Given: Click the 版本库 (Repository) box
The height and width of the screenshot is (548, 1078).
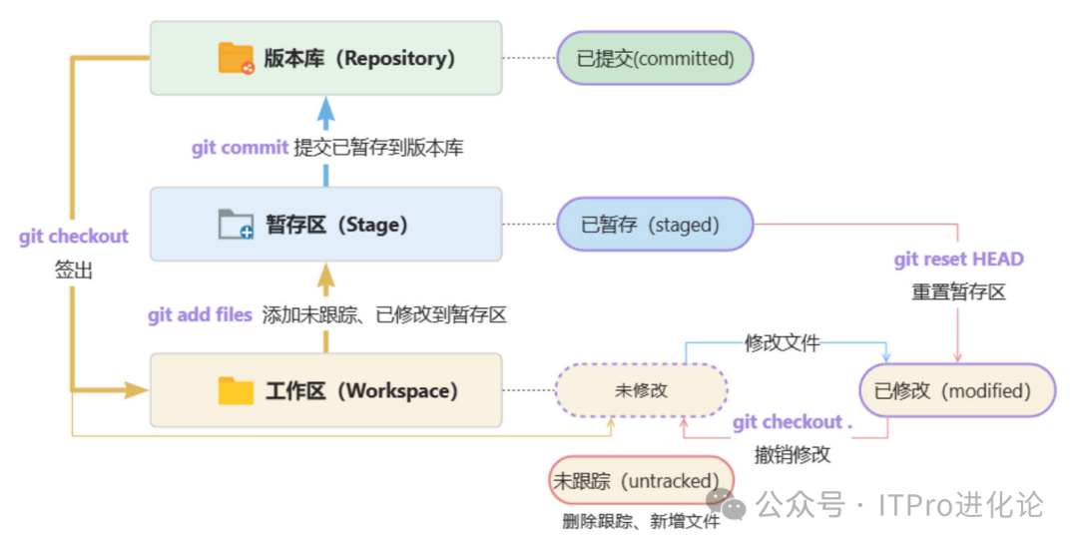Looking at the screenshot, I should pyautogui.click(x=325, y=58).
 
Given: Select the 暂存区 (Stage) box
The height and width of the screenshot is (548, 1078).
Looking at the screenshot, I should pyautogui.click(x=325, y=225).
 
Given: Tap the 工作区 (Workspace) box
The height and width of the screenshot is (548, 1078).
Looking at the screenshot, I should pyautogui.click(x=325, y=390).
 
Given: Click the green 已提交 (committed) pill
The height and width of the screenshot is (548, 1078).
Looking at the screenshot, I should pyautogui.click(x=655, y=58).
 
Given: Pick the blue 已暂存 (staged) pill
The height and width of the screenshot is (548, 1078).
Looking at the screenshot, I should pyautogui.click(x=653, y=225).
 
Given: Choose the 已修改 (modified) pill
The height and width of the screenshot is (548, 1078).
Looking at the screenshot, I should pyautogui.click(x=957, y=390).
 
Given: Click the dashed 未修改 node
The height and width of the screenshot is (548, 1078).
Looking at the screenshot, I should pyautogui.click(x=641, y=390).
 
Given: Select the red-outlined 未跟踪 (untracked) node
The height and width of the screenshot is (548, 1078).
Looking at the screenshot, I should pyautogui.click(x=641, y=481).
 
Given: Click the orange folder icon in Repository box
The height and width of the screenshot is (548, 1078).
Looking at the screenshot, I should pyautogui.click(x=237, y=58).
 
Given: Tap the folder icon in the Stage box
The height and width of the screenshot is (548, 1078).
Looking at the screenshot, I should pyautogui.click(x=237, y=225).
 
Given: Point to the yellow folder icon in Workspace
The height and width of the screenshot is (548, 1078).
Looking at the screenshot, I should pyautogui.click(x=237, y=390).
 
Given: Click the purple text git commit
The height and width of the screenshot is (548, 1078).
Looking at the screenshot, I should pyautogui.click(x=240, y=148).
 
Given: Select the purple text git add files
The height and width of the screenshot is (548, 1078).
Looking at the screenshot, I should pyautogui.click(x=200, y=315).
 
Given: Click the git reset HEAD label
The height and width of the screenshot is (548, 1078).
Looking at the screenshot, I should pyautogui.click(x=958, y=260).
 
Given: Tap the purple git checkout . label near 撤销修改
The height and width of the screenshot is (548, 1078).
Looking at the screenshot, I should pyautogui.click(x=793, y=422).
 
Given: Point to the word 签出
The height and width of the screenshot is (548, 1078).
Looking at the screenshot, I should pyautogui.click(x=74, y=270).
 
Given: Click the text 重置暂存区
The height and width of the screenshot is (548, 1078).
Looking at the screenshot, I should pyautogui.click(x=958, y=292).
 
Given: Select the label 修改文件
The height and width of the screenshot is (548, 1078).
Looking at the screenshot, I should pyautogui.click(x=783, y=343).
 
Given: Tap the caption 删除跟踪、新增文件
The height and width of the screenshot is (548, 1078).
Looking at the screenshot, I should pyautogui.click(x=641, y=521).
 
